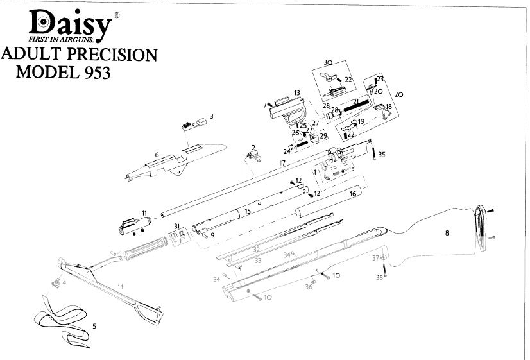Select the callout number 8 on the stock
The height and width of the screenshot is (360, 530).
tap(447, 234)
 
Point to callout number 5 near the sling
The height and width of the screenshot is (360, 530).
tap(94, 326)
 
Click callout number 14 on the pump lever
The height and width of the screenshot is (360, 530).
tap(120, 285)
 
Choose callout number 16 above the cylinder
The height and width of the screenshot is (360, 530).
tap(352, 193)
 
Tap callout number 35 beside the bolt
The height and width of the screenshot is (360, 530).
tap(382, 154)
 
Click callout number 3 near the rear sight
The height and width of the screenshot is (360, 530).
tap(211, 116)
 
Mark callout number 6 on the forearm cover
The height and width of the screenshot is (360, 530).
tap(157, 155)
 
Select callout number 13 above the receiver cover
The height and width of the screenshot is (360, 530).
tap(297, 93)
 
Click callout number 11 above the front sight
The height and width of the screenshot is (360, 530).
tap(144, 212)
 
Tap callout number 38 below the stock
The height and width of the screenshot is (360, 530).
tap(379, 277)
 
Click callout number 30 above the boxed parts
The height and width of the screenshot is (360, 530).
tap(327, 63)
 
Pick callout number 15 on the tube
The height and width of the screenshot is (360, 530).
tap(247, 210)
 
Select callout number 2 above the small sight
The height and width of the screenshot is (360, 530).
tap(253, 148)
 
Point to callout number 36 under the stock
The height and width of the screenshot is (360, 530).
tap(309, 286)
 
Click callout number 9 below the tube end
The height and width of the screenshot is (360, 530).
tap(212, 235)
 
